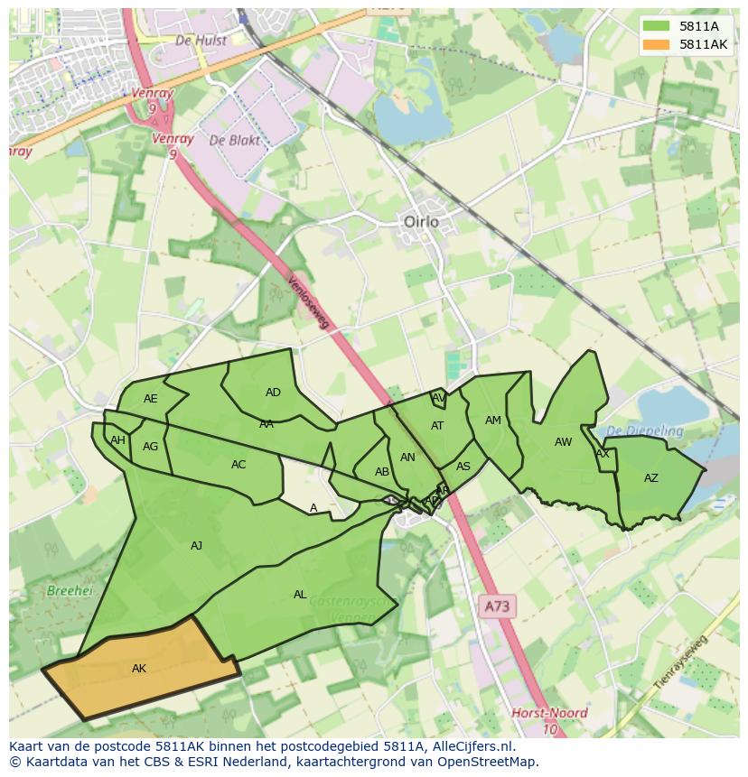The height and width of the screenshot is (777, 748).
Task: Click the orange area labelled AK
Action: (x=140, y=670)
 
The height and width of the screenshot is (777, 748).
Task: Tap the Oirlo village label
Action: (x=420, y=221)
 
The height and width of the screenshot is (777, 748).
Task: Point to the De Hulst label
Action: (x=201, y=41)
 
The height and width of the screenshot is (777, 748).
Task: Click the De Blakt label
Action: (x=234, y=141)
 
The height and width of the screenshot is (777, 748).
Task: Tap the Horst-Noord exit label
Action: (x=549, y=713)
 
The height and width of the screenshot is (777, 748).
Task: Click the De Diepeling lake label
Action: (x=644, y=431)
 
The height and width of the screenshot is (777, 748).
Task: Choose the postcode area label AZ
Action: (x=650, y=478)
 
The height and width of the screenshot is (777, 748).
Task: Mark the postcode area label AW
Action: (x=563, y=442)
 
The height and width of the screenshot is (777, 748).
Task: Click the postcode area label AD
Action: (x=273, y=393)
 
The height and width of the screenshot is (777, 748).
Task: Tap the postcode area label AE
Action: (x=151, y=399)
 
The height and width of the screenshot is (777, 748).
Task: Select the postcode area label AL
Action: (x=300, y=595)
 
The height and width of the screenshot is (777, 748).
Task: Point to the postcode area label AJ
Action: (x=196, y=545)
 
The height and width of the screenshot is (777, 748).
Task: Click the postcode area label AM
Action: (x=492, y=421)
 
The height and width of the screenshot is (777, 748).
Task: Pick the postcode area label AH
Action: (x=117, y=440)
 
